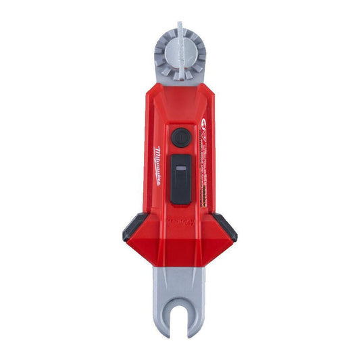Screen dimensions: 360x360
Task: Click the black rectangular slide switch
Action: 180,178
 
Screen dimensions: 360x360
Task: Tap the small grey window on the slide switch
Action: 180,167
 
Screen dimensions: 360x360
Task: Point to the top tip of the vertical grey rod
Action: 180,24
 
